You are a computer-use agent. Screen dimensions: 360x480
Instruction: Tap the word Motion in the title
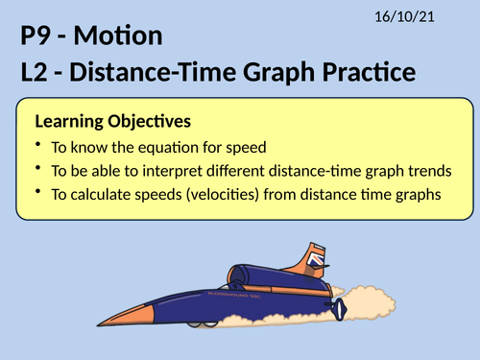click(123, 38)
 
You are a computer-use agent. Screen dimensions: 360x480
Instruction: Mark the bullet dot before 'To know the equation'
click(36, 146)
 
